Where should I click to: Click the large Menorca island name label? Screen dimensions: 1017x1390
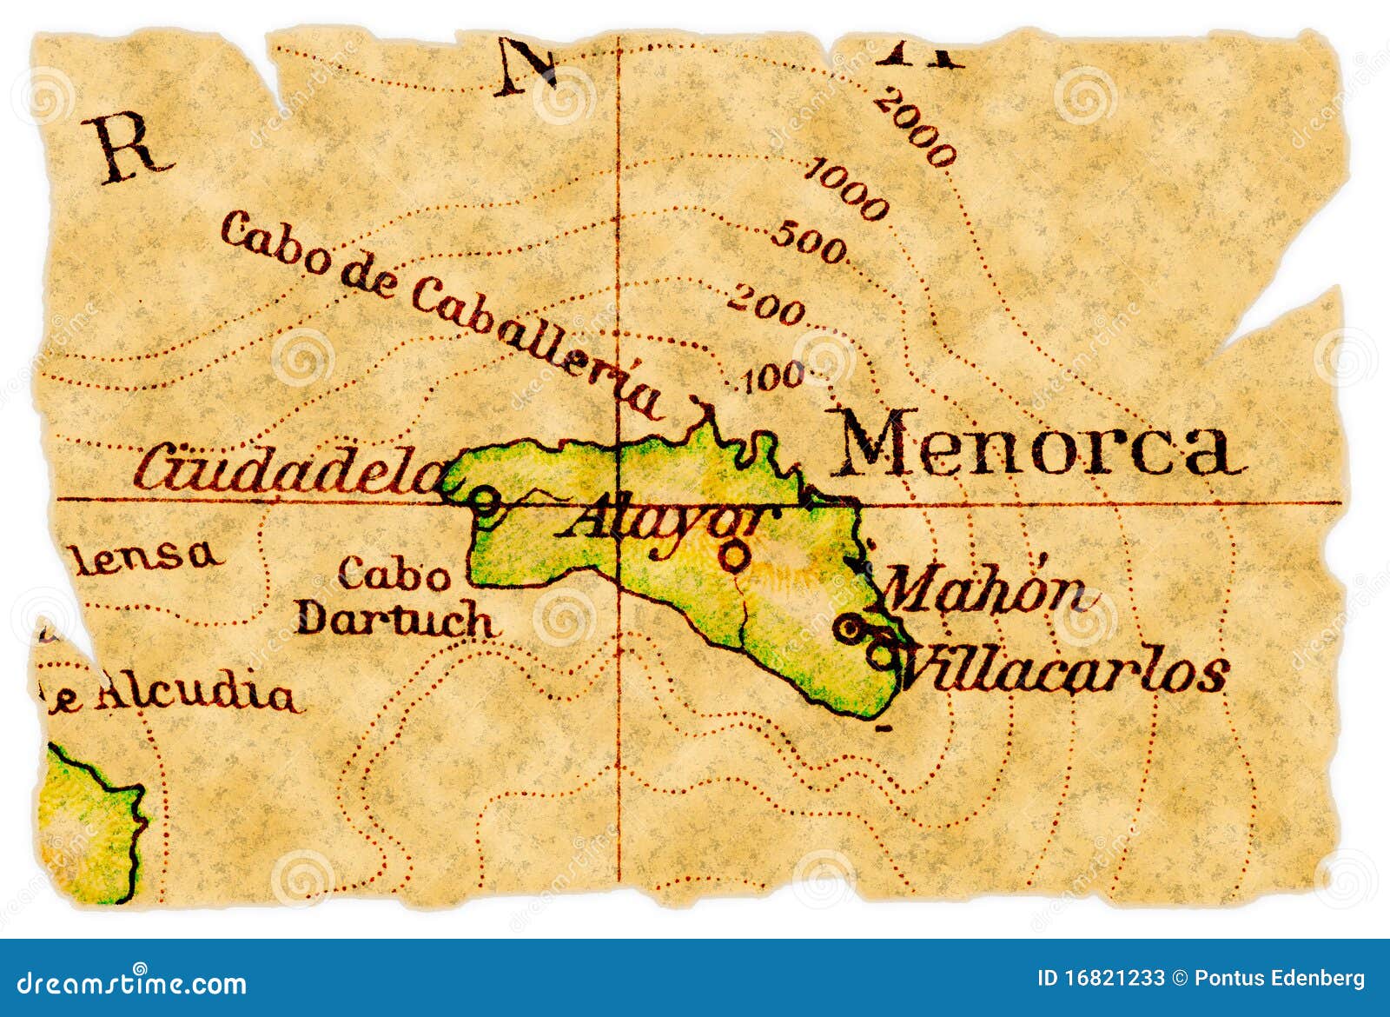tap(1034, 445)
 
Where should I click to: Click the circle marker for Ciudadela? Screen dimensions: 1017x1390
tap(484, 501)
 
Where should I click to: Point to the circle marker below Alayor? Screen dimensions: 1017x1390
tap(735, 555)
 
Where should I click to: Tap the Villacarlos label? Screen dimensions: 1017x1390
tap(1064, 671)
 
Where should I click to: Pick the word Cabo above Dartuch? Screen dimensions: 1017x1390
tap(395, 574)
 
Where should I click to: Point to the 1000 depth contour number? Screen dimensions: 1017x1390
tap(847, 189)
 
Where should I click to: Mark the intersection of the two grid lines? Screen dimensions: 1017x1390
tap(619, 502)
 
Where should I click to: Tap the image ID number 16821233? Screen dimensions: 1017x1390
tap(1113, 979)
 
